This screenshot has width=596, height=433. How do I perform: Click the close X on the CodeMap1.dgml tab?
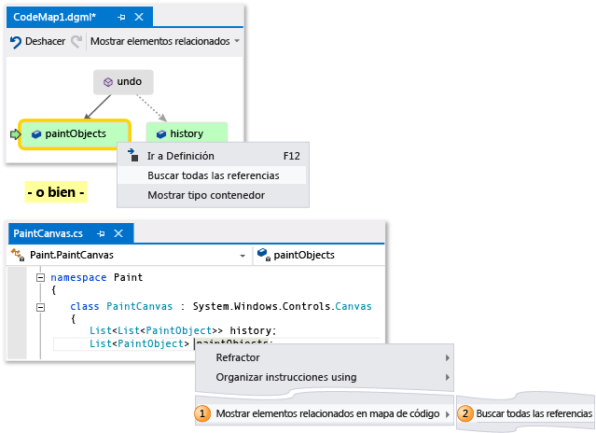139,17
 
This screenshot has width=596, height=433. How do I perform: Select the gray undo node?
123,82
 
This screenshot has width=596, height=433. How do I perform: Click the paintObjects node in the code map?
76,134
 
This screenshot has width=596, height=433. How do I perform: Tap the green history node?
186,134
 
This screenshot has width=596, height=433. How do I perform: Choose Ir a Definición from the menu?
180,156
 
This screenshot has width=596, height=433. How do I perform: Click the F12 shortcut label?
291,156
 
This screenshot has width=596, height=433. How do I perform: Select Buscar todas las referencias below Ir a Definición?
213,175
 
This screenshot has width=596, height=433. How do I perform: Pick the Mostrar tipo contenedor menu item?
206,195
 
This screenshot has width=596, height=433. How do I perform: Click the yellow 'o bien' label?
56,193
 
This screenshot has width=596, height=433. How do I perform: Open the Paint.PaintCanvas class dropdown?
242,254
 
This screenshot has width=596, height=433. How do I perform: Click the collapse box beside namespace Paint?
39,277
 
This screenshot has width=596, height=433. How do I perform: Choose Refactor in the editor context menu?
238,357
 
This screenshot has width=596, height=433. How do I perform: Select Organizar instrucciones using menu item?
285,377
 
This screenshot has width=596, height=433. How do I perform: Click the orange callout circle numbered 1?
201,412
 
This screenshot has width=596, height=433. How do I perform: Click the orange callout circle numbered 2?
464,412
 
